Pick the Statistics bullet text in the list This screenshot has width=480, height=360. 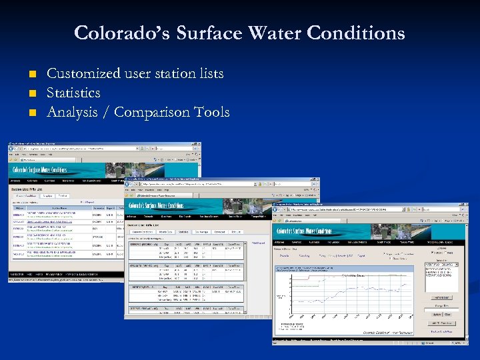[x=73, y=93]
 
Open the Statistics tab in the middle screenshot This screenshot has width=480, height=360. [x=183, y=232]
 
